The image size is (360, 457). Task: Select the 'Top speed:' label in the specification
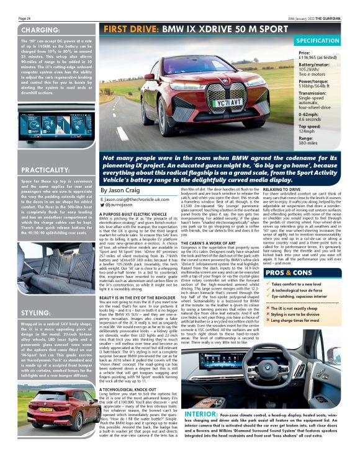click(310, 126)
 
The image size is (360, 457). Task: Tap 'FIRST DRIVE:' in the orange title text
click(129, 29)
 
